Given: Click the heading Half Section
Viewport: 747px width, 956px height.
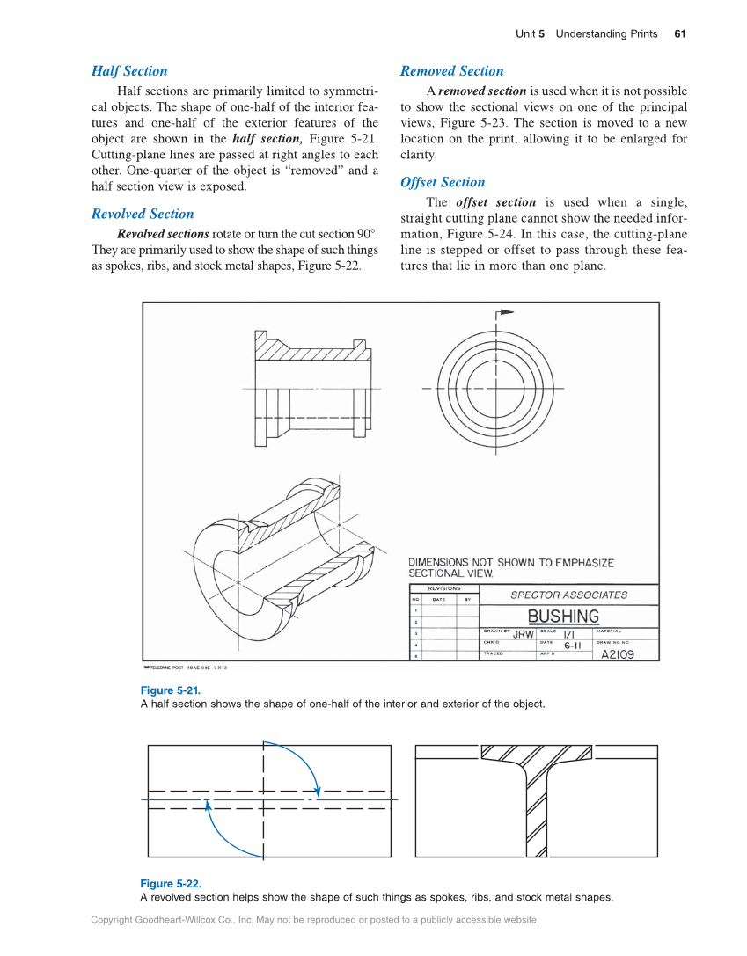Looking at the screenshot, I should tap(129, 71).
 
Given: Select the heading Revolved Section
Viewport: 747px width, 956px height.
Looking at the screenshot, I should tap(143, 214).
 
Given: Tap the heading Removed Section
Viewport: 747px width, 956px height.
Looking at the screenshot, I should tap(452, 71).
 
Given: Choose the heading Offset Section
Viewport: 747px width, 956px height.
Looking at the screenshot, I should tap(443, 182).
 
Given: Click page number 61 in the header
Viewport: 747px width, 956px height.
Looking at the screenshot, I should tap(680, 34).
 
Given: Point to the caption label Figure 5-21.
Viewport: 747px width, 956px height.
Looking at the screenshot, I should tap(170, 690).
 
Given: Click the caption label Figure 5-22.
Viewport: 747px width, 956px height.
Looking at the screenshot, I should tap(171, 884).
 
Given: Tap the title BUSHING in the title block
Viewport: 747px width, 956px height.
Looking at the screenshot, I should tap(563, 617).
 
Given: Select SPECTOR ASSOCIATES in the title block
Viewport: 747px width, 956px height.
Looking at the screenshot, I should tap(569, 595).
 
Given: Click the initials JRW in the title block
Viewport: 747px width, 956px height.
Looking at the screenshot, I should tap(524, 634).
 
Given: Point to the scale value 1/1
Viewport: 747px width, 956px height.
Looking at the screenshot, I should tap(569, 633).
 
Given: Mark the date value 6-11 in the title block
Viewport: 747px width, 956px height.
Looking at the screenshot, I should tap(573, 646).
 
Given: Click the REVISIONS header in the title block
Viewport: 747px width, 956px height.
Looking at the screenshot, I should tap(444, 588).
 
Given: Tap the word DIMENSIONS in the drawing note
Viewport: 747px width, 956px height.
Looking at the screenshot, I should tap(438, 562).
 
